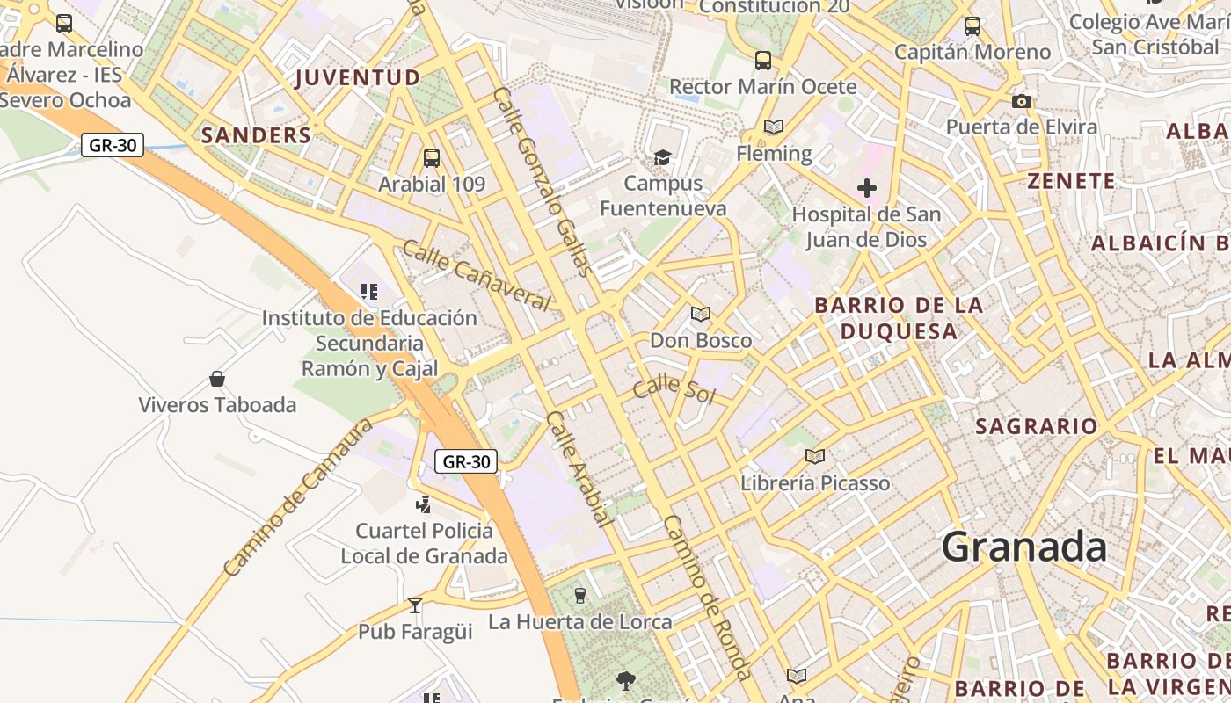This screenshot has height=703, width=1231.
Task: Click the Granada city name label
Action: [1024, 547]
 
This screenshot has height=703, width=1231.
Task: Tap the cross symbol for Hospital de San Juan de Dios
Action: [867, 187]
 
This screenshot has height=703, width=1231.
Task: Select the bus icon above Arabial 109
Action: [431, 158]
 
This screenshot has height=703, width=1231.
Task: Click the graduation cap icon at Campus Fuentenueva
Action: [662, 157]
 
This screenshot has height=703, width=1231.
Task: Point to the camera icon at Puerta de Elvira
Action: [1021, 102]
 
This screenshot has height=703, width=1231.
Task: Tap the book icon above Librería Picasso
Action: [815, 456]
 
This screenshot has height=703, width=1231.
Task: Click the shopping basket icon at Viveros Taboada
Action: [217, 379]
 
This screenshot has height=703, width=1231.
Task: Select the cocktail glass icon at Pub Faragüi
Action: [415, 605]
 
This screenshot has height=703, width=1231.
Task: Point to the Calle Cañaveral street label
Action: [476, 276]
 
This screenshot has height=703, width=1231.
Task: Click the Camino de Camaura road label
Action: [297, 497]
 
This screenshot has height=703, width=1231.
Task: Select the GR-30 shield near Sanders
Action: [113, 145]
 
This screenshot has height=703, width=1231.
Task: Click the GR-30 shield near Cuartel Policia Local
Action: [466, 461]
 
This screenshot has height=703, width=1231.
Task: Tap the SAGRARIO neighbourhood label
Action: [1037, 427]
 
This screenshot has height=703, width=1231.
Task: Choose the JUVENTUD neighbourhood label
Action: [358, 78]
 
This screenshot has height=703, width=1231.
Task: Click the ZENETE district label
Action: [1071, 182]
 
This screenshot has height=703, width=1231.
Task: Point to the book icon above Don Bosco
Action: [701, 314]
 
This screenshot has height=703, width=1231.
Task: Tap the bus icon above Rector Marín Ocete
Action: [763, 61]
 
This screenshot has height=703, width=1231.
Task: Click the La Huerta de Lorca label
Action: [580, 622]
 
